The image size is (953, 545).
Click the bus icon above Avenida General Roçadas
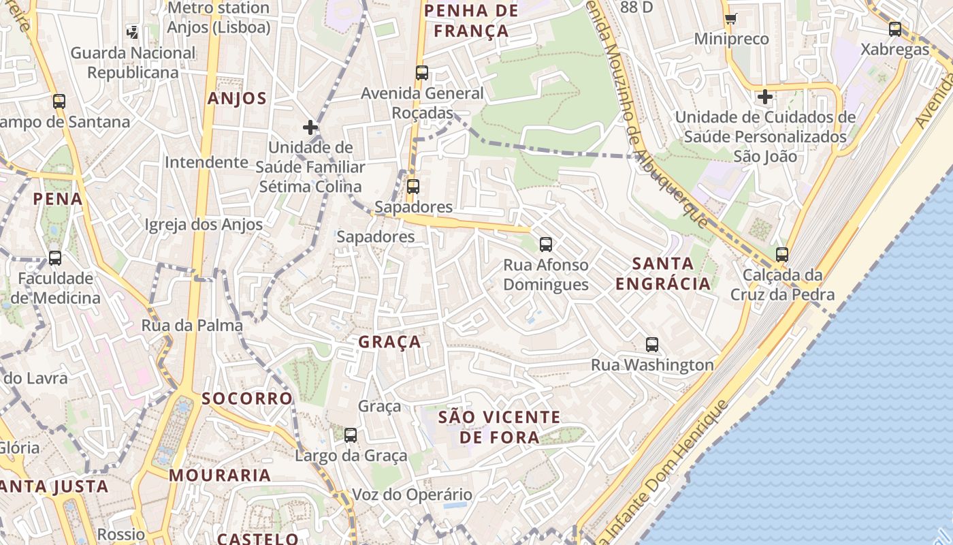click(x=422, y=73)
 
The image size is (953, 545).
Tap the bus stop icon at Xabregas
click(x=895, y=29)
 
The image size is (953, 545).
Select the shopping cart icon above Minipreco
click(x=731, y=18)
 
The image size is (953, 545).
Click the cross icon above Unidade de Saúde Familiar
click(x=310, y=127)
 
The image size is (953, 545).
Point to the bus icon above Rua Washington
click(x=652, y=345)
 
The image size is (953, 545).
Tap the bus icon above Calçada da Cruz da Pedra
click(x=782, y=255)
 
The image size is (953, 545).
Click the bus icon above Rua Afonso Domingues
click(x=545, y=245)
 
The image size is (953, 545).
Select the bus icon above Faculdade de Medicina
click(x=55, y=258)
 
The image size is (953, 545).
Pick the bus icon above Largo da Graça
click(x=351, y=435)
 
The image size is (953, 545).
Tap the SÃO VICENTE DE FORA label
click(x=500, y=427)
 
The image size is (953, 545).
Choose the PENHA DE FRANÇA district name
click(x=471, y=20)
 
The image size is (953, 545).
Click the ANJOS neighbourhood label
click(x=237, y=98)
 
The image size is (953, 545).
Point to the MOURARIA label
click(x=220, y=475)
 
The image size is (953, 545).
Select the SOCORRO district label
click(x=247, y=398)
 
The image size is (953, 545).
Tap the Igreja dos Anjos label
click(x=204, y=225)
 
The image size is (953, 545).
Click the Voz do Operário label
click(x=412, y=495)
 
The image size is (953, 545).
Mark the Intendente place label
click(x=206, y=162)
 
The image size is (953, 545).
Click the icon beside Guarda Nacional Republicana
click(x=133, y=31)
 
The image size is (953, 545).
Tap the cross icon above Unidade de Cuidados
click(x=765, y=97)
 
